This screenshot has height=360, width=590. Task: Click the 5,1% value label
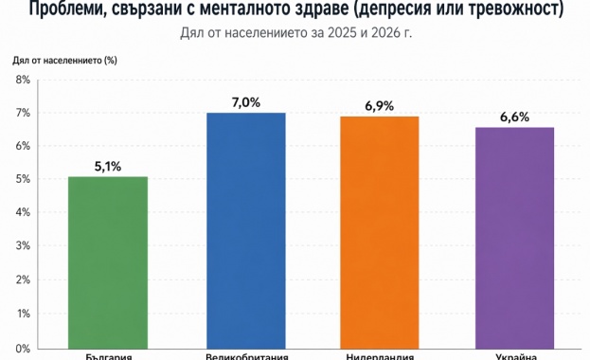pos(108,166)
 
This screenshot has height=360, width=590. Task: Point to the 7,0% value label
pos(245,101)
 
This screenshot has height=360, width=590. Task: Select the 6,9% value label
pos(380,105)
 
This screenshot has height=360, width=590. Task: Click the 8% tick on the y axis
pos(23,80)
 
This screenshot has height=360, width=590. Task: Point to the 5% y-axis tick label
pos(23,179)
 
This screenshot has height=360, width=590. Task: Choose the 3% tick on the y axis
pos(23,245)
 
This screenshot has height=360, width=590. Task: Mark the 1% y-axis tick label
pos(23,313)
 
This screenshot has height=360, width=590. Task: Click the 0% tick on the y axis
pos(23,347)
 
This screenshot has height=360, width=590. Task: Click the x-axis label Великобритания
pos(245,356)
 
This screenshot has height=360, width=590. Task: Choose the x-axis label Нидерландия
pos(380,356)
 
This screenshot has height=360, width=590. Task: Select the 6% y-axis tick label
pos(23,146)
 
